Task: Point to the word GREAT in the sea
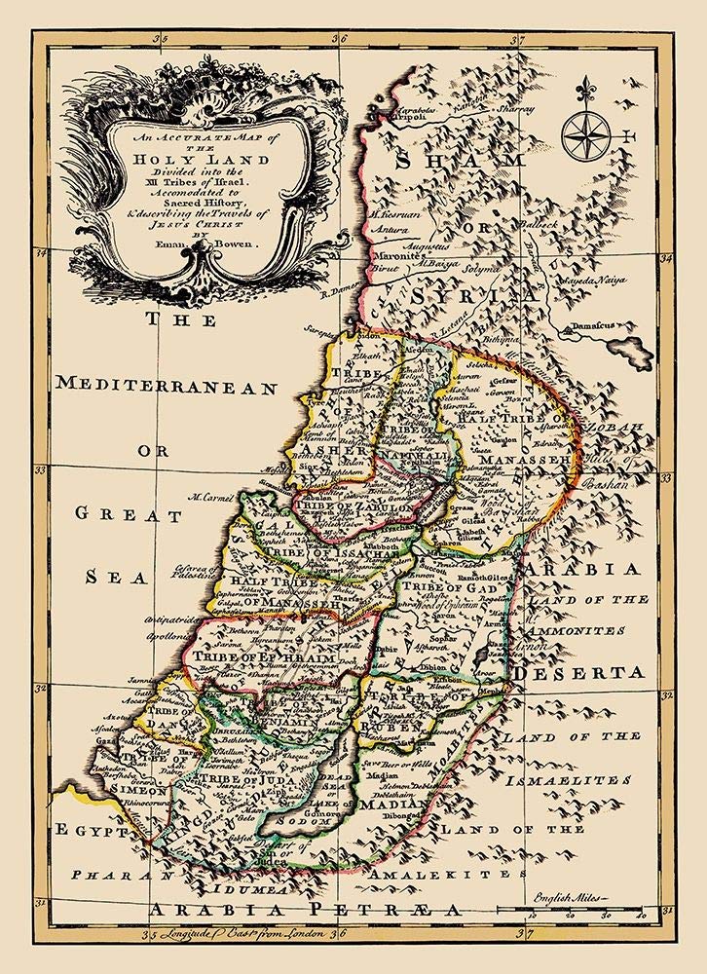(x=119, y=513)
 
